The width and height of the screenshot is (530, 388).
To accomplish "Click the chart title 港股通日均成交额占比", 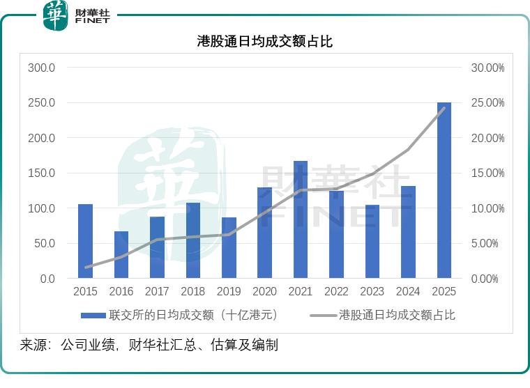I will coord(265,42).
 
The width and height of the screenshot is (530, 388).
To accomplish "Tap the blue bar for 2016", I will coord(121,255).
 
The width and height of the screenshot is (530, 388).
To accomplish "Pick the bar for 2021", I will coord(301,219).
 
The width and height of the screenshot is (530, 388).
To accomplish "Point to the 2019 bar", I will coord(229,248).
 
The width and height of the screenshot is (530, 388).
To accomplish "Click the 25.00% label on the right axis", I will coord(487,103).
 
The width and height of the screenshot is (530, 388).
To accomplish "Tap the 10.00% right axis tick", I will coord(487,208).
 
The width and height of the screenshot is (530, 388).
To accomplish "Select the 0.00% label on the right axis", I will coord(490,279).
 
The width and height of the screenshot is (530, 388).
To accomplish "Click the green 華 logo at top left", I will coord(56,15).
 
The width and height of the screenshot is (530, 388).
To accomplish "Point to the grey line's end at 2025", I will coord(444,108).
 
